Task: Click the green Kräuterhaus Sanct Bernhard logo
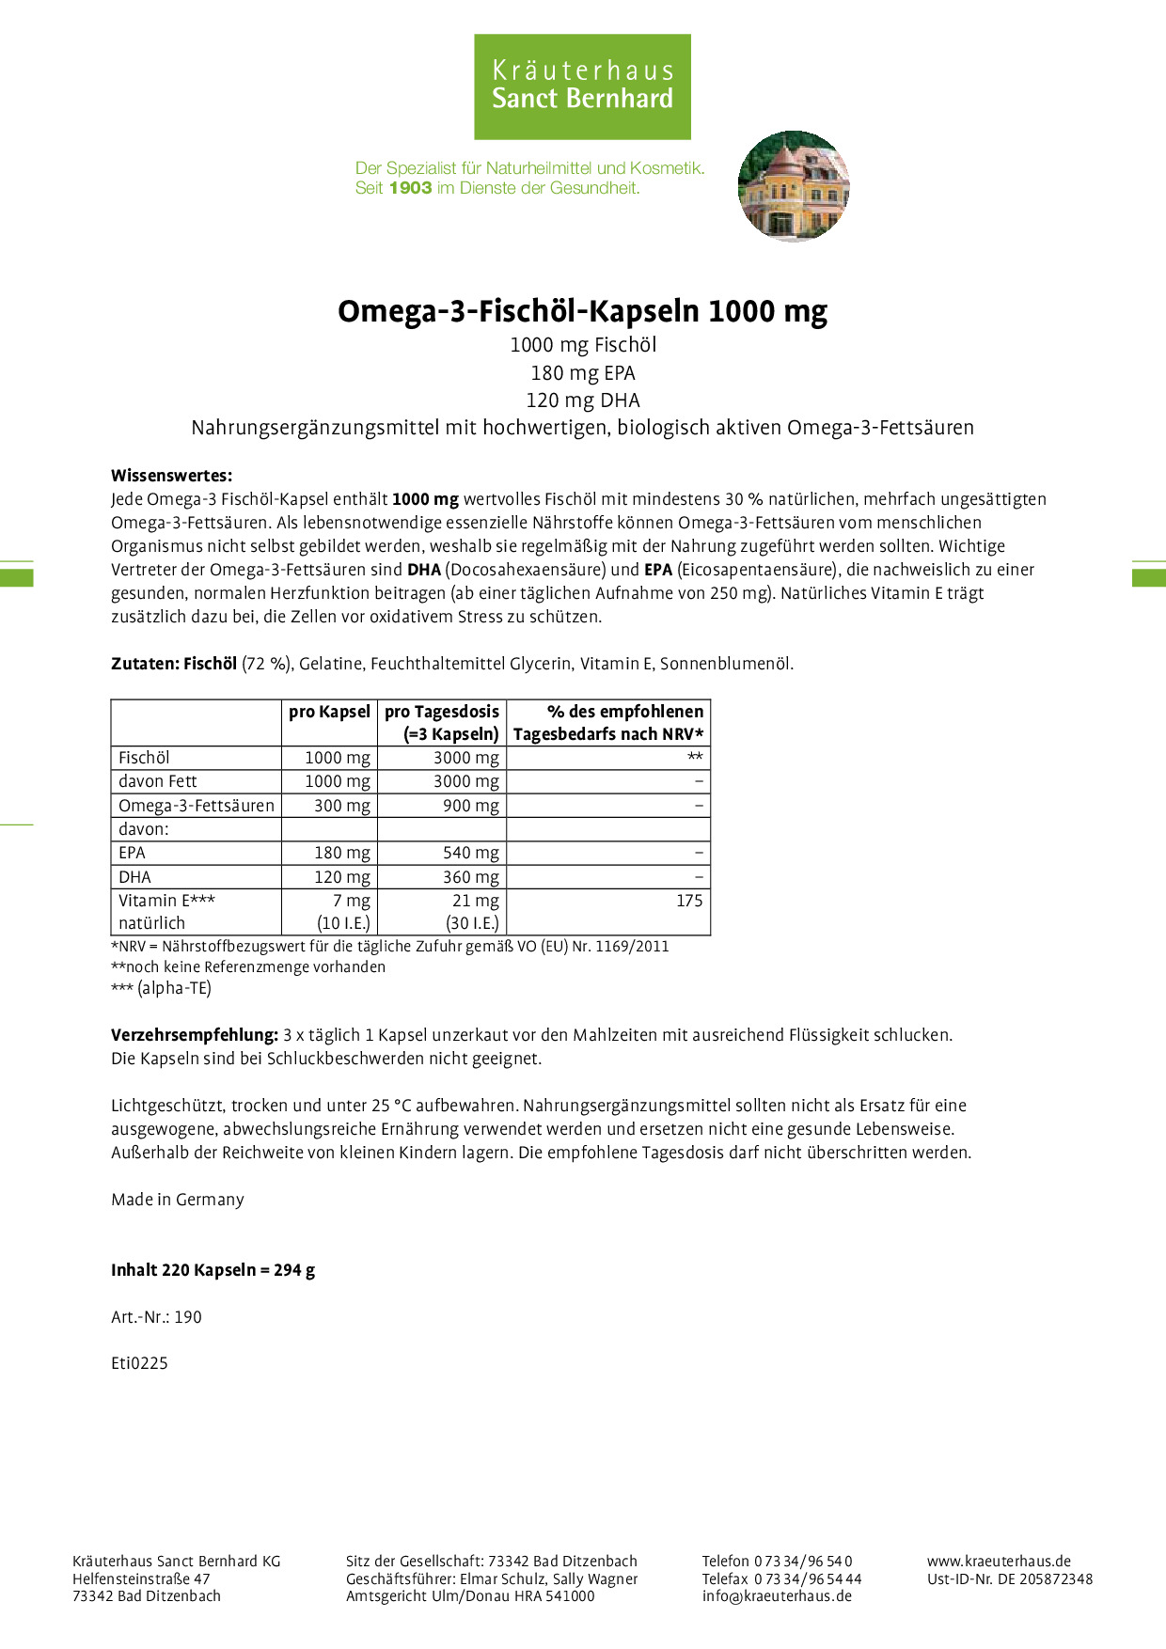click(x=582, y=86)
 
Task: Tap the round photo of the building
click(x=794, y=186)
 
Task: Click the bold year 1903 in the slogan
click(x=410, y=188)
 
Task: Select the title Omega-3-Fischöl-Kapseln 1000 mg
click(x=582, y=311)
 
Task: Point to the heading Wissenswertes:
click(x=171, y=476)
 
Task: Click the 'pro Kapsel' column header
click(x=329, y=712)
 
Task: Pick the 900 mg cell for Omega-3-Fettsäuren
click(x=470, y=806)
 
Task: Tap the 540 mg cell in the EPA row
click(x=470, y=853)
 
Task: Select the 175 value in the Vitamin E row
click(x=688, y=901)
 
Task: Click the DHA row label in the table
click(x=134, y=877)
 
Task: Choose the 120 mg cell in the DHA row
click(x=341, y=877)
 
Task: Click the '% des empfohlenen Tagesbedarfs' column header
click(x=608, y=723)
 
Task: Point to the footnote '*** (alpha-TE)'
click(x=161, y=988)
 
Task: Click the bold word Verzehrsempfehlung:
click(x=195, y=1035)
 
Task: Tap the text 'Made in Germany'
click(x=178, y=1200)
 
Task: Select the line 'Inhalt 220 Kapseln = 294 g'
click(x=213, y=1270)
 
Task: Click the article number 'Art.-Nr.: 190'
click(x=156, y=1317)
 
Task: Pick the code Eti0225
click(x=139, y=1363)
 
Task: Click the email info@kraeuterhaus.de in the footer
click(x=777, y=1595)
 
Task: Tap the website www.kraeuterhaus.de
click(x=999, y=1562)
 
